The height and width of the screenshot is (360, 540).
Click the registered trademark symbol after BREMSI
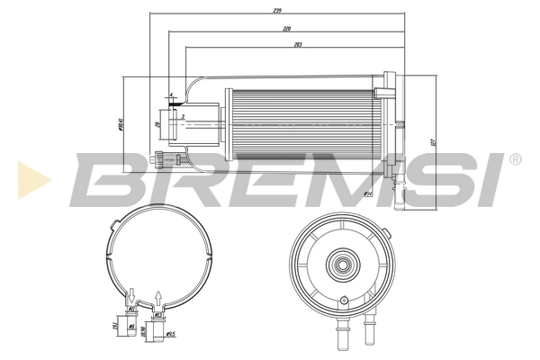[514, 160]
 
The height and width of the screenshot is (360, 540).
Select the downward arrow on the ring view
[132, 292]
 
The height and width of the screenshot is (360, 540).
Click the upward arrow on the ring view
[159, 294]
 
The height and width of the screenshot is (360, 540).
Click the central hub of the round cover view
[341, 265]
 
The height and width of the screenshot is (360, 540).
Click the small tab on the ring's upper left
[111, 222]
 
